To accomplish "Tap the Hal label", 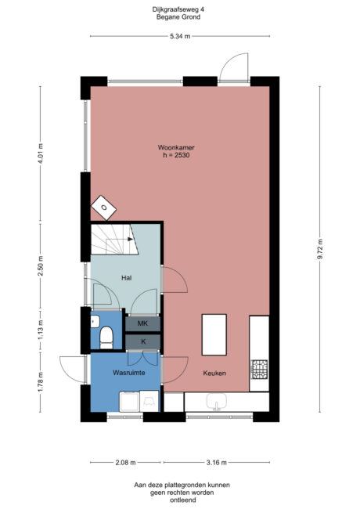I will [125, 278].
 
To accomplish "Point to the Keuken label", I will [214, 373].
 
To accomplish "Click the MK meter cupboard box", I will [142, 323].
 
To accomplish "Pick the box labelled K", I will [142, 341].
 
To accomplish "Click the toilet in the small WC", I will [106, 337].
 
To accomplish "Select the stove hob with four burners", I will [258, 368].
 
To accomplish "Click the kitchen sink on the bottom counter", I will [216, 403].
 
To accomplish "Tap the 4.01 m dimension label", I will [41, 149].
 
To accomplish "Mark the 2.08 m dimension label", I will [124, 462].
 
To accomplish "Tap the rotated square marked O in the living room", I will [104, 208].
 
